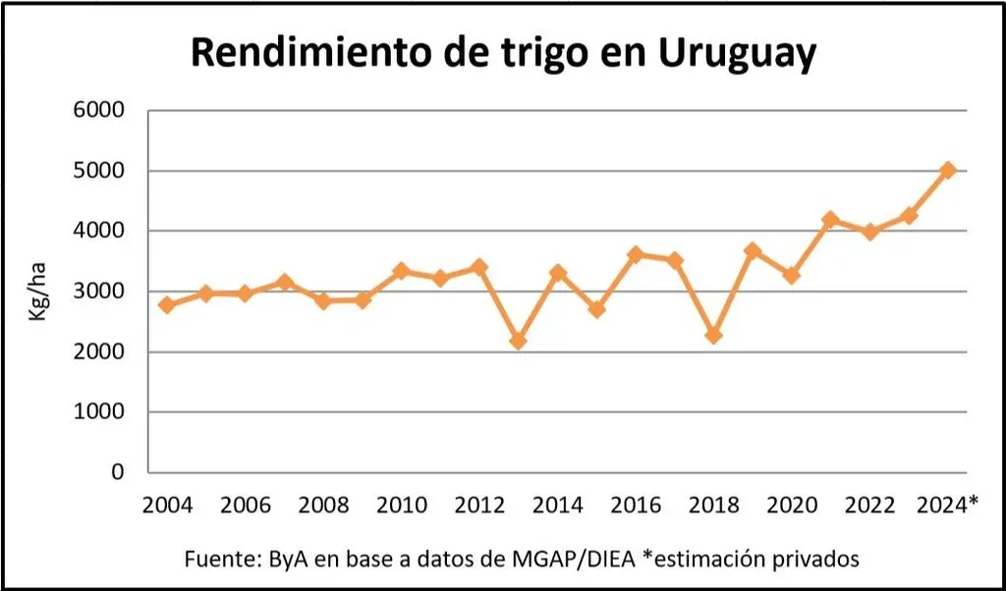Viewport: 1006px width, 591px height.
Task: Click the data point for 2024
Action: (x=947, y=170)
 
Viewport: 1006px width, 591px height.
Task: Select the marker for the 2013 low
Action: (x=518, y=341)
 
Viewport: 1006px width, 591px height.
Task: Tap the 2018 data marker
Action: (x=713, y=336)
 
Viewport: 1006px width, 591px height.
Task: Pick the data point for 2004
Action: (x=167, y=305)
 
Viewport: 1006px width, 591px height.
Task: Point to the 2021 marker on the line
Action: (x=830, y=220)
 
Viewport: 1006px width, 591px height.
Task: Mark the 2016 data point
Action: (x=636, y=255)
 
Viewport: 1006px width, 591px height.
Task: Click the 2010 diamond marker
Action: (x=401, y=271)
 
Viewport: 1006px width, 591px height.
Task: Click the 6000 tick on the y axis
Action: (x=98, y=110)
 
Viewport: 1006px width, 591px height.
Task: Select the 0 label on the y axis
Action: (x=117, y=472)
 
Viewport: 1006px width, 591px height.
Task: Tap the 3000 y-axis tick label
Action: (x=98, y=292)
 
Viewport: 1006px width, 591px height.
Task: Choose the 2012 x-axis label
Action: (x=479, y=505)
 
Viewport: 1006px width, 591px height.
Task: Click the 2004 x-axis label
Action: (x=167, y=505)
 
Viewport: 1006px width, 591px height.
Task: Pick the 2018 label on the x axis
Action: (x=713, y=505)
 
